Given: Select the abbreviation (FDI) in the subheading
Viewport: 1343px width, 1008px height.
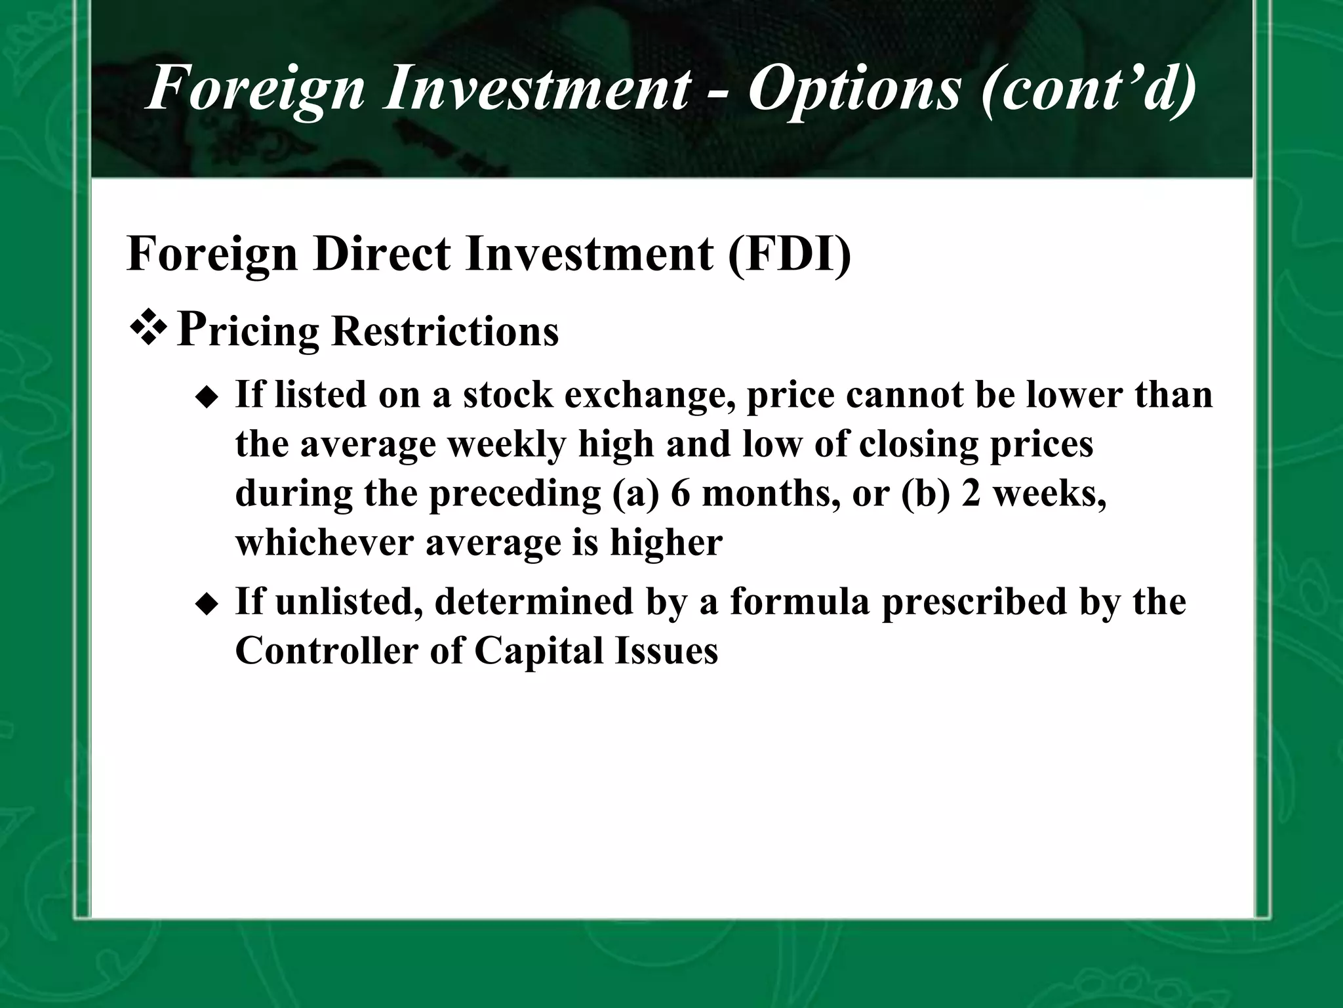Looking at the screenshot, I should tap(790, 254).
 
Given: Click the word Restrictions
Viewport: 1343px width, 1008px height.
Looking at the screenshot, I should tap(445, 331).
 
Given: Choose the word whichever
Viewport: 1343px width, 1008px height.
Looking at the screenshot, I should tap(324, 543).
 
